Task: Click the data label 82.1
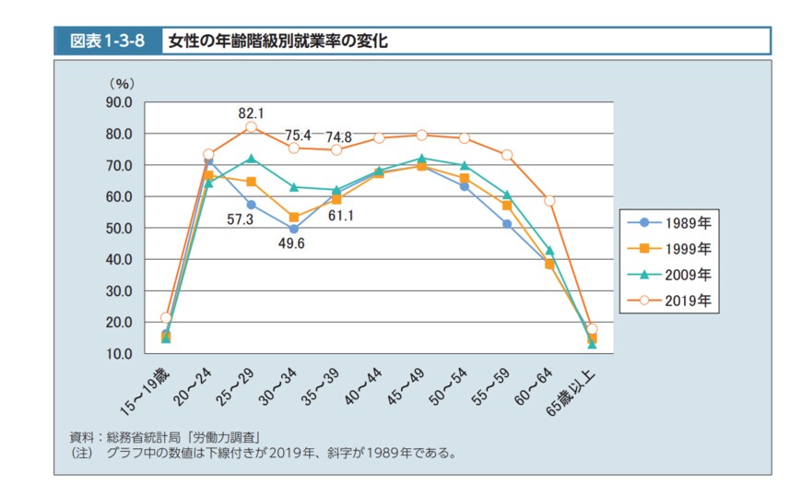click(251, 113)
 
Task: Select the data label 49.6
click(293, 245)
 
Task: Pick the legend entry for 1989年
click(673, 222)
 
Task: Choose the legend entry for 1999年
click(673, 248)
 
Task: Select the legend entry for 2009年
click(673, 274)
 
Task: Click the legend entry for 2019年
click(673, 300)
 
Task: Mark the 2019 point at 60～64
click(549, 201)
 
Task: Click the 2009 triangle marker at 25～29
click(251, 159)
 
